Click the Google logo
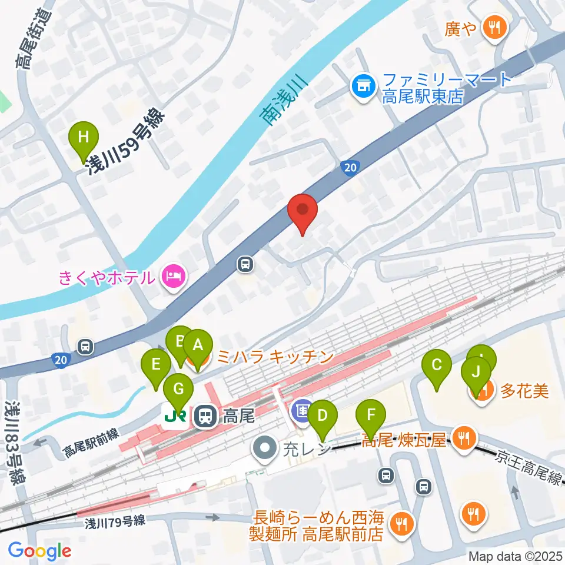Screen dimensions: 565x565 (x=39, y=550)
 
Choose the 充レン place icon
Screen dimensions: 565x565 (x=264, y=448)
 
